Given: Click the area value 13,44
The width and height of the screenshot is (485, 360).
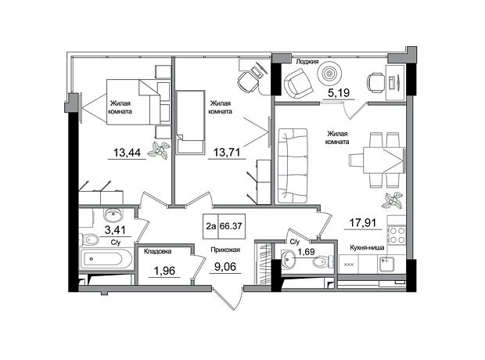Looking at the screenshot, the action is (x=127, y=153).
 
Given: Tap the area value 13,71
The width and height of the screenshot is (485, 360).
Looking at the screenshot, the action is (x=227, y=153).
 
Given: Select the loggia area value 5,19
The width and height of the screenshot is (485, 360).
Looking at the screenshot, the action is (x=339, y=92).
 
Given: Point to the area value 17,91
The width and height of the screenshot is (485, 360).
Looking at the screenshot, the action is (x=363, y=222).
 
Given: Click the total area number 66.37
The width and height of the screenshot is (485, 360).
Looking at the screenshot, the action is (x=231, y=226).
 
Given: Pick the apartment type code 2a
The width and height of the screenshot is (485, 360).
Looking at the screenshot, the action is (x=211, y=226).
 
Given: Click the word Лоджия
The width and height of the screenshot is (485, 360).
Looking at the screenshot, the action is (x=307, y=62).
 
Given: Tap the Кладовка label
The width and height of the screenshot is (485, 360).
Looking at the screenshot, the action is (x=157, y=251).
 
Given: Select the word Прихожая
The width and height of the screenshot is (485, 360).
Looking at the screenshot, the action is (x=225, y=250).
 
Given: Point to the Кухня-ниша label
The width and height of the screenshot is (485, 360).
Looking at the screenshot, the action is (x=367, y=247).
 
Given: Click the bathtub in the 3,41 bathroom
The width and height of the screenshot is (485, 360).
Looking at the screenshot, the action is (x=103, y=259).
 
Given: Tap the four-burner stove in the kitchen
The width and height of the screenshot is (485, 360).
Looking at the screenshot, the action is (x=397, y=235).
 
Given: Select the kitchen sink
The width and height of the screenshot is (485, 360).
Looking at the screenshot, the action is (x=385, y=265).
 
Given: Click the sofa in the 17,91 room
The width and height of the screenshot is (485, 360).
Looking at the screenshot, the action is (x=293, y=166).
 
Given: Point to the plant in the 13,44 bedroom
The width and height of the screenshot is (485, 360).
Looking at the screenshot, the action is (x=159, y=150).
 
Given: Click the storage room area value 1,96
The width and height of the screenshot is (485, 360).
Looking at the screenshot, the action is (x=164, y=271).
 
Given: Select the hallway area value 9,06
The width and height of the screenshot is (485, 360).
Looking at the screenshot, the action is (x=225, y=267).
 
